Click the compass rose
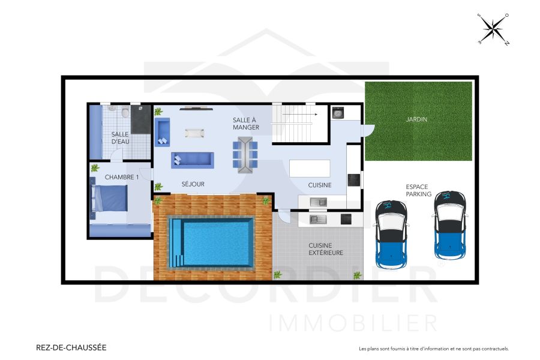click(493, 29)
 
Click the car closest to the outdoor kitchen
click(391, 234)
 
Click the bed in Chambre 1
click(109, 198)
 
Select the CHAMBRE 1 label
click(121, 177)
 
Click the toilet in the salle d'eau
click(124, 112)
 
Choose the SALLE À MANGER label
click(246, 124)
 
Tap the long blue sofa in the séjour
click(192, 160)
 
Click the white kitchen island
click(310, 168)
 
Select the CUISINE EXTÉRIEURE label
click(326, 249)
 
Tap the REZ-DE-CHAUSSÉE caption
click(71, 347)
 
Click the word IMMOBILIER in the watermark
click(353, 322)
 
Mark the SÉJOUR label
click(193, 184)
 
